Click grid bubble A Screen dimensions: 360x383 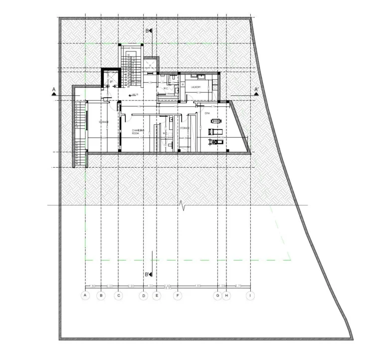pos(85,296)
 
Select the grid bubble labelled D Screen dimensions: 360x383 pos(143,296)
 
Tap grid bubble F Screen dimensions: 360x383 pos(178,296)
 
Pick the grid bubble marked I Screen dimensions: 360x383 pos(249,296)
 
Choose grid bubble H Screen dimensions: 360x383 pos(227,296)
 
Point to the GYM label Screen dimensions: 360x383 pos(208,113)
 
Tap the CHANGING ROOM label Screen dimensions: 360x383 pos(138,132)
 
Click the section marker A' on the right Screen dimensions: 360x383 pos(256,91)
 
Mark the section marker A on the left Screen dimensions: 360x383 pos(53,91)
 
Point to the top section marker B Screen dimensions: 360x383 pos(149,31)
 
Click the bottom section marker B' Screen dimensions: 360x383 pos(148,275)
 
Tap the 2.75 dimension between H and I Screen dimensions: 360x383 pos(238,286)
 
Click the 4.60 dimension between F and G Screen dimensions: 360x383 pos(197,286)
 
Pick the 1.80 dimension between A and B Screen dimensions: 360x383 pos(93,286)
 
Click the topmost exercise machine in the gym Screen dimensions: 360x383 pos(214,121)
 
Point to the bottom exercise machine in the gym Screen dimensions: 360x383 pos(215,142)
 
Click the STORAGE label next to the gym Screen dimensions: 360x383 pos(185,128)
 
